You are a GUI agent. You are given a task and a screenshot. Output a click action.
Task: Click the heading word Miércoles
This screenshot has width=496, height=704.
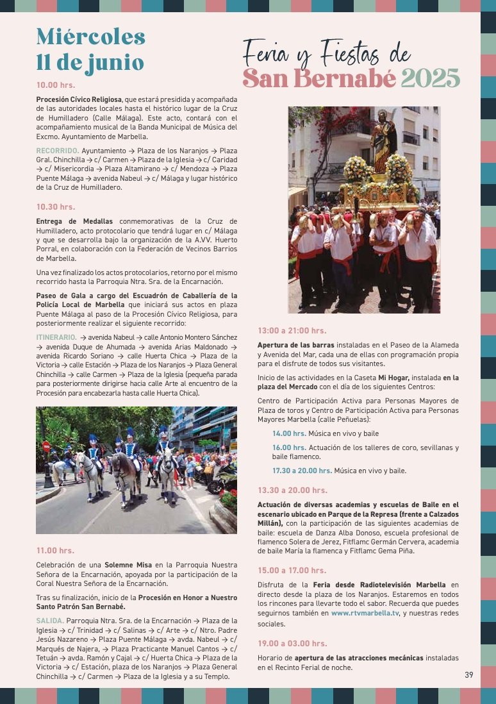90,37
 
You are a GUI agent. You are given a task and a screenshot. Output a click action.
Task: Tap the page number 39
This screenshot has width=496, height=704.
469,675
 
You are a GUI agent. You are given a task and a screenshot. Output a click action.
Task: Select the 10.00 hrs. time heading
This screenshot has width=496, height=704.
56,85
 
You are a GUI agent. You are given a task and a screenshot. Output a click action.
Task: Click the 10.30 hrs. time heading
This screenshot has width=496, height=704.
56,206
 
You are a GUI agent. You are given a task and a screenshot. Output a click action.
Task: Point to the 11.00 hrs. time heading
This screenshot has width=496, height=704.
55,550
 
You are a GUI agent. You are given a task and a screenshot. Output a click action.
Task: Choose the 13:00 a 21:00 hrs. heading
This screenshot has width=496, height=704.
292,330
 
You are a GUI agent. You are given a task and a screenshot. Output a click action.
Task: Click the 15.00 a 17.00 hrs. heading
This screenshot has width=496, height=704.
292,570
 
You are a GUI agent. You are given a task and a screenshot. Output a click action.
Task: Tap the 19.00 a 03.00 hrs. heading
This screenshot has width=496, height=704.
292,643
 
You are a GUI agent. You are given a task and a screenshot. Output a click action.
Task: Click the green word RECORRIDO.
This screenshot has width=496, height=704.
56,150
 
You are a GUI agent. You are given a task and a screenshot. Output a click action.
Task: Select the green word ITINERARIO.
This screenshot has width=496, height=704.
56,337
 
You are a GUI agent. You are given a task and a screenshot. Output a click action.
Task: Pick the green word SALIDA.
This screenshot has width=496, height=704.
49,621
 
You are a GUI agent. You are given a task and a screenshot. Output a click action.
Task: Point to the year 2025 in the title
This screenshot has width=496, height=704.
430,79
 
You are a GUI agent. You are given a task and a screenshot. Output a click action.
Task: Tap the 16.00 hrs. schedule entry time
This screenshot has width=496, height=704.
289,448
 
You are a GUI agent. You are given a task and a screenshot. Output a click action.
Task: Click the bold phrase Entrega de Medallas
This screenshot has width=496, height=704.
65,221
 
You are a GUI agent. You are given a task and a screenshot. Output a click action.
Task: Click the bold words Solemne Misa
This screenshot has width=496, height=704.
128,564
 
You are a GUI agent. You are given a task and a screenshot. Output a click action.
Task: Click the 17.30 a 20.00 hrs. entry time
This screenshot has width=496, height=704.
302,471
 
